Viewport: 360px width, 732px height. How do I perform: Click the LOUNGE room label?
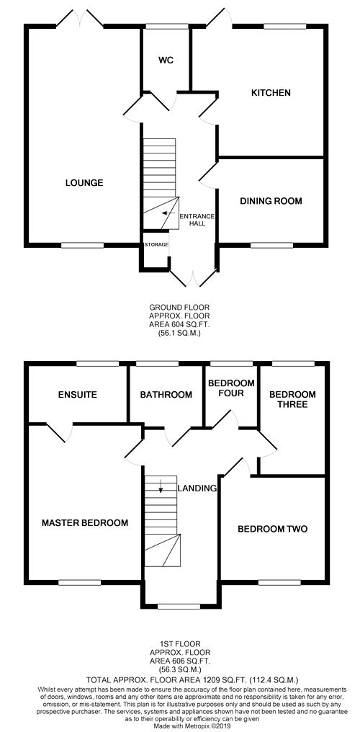coord(84,182)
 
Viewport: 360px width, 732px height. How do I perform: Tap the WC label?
coord(166,61)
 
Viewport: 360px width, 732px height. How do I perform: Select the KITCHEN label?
coord(271,93)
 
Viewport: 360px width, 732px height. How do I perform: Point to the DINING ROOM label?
coord(271,201)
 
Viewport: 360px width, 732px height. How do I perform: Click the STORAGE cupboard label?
coord(156,245)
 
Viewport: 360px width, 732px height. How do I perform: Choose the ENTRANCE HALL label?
coord(197,220)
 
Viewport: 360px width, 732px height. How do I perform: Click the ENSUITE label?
coord(78,395)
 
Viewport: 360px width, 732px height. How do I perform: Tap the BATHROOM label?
coord(166,395)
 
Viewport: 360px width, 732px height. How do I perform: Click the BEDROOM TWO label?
coord(273,529)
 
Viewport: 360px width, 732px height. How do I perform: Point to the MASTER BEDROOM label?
coord(85,523)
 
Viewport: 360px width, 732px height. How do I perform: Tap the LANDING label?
coord(197,488)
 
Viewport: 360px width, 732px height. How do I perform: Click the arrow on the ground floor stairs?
coord(166,213)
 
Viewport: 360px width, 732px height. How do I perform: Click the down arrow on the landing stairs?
coord(161,486)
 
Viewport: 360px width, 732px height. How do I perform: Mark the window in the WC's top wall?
coord(166,27)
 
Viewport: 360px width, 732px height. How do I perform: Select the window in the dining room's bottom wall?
coord(271,245)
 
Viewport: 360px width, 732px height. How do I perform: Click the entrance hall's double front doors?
coord(193,277)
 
